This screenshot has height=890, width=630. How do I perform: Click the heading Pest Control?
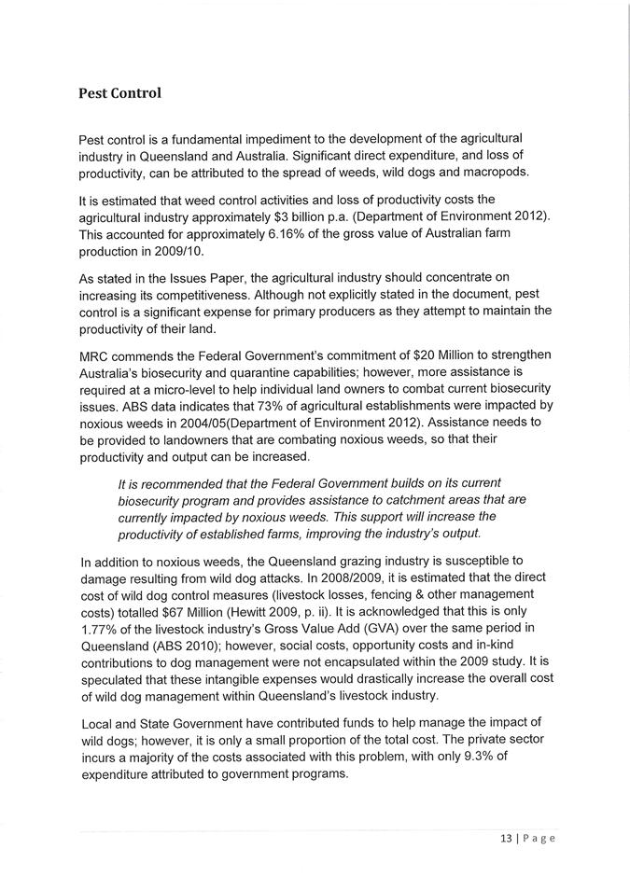pyautogui.click(x=120, y=93)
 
